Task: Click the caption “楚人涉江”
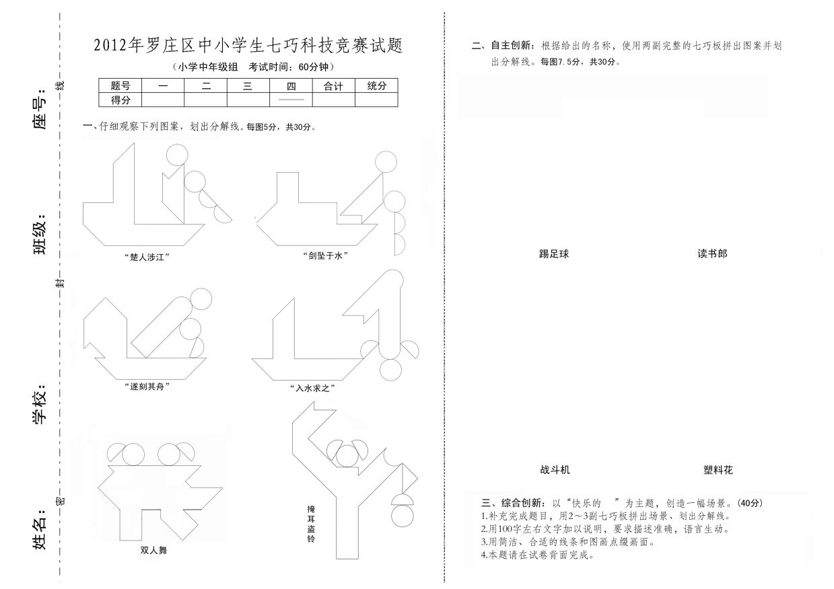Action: click(147, 257)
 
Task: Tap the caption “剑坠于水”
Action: click(325, 256)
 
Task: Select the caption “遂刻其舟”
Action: click(147, 387)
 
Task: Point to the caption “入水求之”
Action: click(312, 388)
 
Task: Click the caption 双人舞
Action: click(153, 550)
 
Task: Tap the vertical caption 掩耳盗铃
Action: click(311, 524)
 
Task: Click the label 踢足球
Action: click(554, 254)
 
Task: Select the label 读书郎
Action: click(712, 253)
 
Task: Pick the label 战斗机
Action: click(555, 470)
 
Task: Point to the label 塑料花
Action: click(718, 470)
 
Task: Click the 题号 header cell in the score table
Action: click(120, 85)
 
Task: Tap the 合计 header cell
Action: click(333, 85)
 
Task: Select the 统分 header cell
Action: click(376, 85)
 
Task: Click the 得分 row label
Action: click(120, 100)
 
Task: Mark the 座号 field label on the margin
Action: click(40, 108)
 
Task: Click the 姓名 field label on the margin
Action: click(40, 528)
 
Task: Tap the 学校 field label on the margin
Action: click(40, 403)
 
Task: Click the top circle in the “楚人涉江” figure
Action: click(177, 155)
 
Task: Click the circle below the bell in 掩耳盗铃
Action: click(403, 516)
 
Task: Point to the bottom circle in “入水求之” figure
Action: click(390, 370)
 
